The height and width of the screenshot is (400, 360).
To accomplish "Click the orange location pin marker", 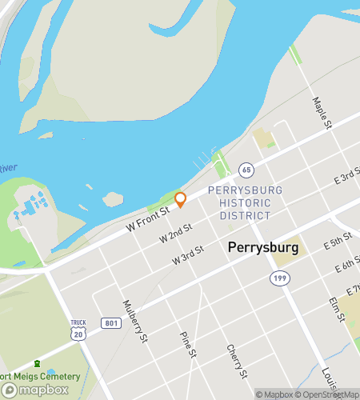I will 180,199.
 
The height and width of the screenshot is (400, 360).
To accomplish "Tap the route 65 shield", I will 246,170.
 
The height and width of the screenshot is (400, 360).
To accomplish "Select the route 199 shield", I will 280,278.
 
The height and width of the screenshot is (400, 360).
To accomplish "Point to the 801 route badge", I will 111,323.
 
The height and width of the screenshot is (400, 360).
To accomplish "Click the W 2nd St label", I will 176,234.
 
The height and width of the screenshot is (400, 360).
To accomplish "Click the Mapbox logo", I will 35,390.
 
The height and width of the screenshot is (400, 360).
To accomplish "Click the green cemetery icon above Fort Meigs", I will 36,363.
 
